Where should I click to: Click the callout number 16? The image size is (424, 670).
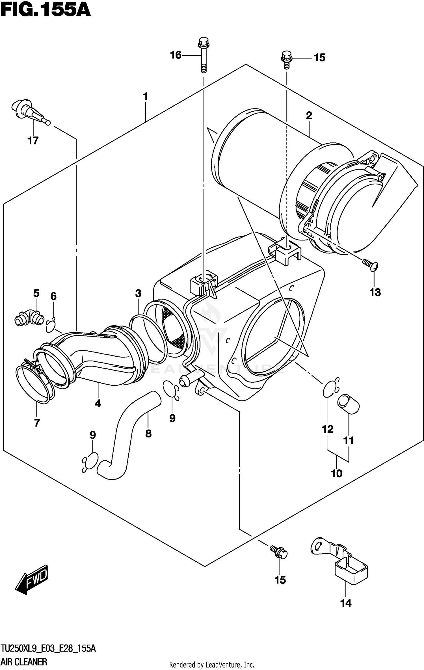176,55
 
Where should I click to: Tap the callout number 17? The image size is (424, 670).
33,141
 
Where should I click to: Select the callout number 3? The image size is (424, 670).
138,293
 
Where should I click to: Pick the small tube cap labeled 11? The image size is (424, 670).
348,404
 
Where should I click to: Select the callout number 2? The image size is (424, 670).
309,115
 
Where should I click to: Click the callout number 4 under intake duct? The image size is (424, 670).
98,404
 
